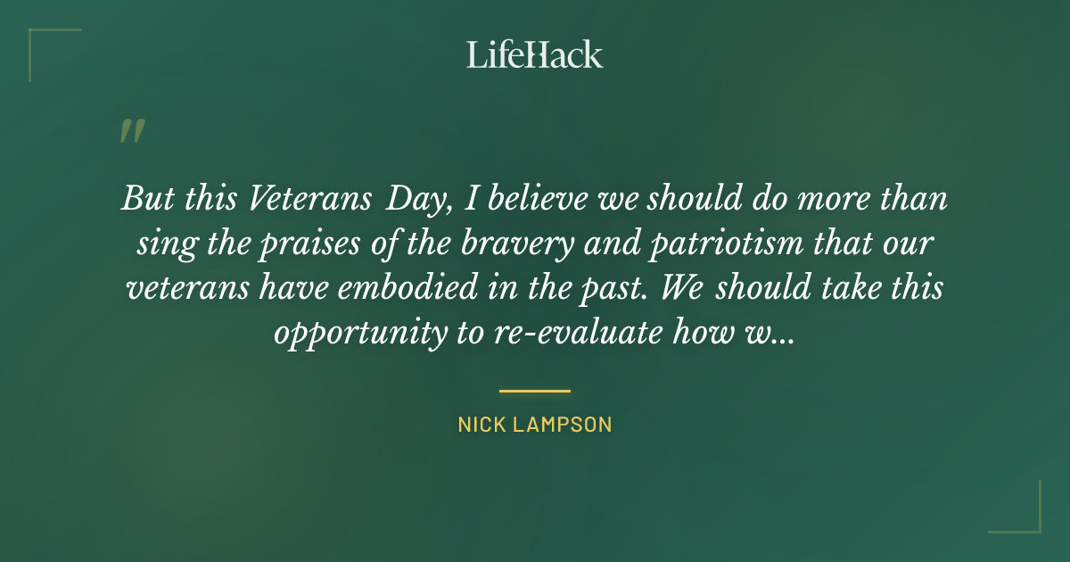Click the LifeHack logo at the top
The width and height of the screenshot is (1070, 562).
pos(535,54)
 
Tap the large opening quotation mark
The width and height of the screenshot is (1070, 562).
pos(131,131)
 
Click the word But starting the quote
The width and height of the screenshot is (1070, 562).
pos(144,199)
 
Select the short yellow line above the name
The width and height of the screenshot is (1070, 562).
pos(535,391)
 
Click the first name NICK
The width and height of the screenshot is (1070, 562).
pos(482,425)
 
